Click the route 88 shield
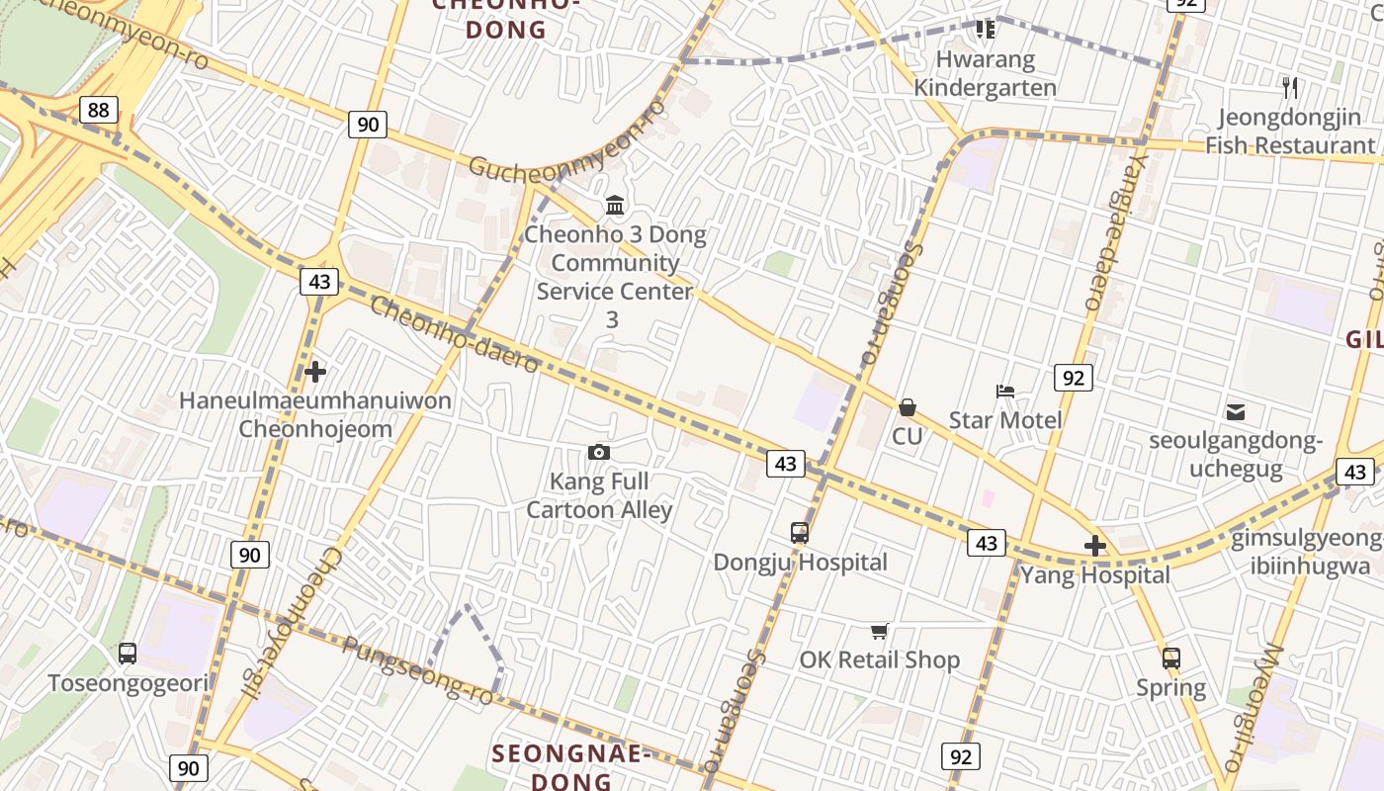98,109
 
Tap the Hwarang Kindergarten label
985,73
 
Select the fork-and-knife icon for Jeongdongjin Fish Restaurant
1289,88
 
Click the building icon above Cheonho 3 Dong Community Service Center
615,206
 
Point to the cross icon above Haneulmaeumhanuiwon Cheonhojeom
315,372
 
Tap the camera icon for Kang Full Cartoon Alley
598,453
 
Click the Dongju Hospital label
800,562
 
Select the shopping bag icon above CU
907,407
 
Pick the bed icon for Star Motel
1005,392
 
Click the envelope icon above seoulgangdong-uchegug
1235,412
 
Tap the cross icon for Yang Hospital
1094,546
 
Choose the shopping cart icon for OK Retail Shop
879,631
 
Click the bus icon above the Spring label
1170,659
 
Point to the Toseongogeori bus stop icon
128,654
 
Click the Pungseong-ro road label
417,671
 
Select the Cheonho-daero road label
455,334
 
